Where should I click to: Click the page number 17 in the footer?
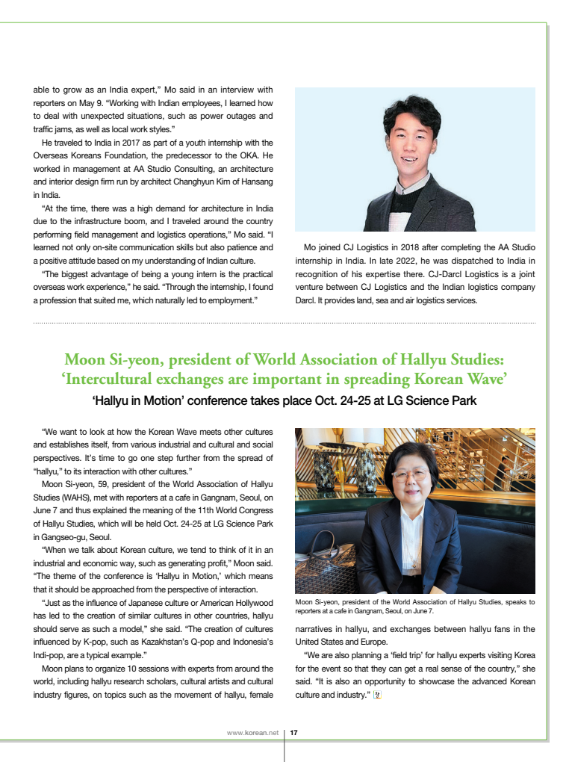[293, 733]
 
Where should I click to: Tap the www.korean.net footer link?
[252, 733]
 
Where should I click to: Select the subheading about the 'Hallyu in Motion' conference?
[284, 401]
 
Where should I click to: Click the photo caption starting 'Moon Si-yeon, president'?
[414, 606]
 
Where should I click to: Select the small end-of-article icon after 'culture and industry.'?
[377, 696]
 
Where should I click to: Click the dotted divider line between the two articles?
[284, 323]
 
